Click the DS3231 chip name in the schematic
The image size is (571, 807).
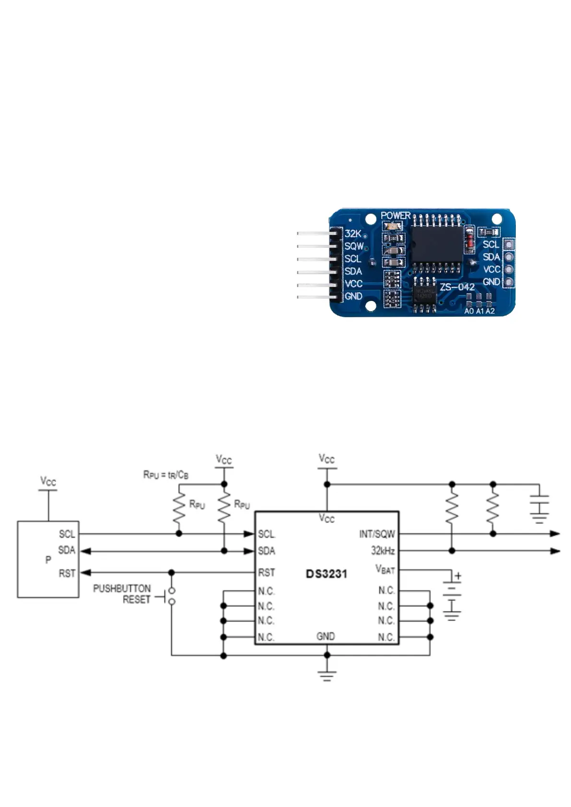(x=326, y=574)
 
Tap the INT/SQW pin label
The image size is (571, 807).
(x=377, y=534)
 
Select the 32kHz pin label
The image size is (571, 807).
(x=383, y=551)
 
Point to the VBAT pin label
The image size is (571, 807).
(x=385, y=569)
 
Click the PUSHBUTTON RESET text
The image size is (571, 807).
(x=122, y=594)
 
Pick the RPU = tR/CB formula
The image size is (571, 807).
(x=165, y=475)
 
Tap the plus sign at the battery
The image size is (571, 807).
(x=458, y=576)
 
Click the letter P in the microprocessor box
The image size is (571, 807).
(x=48, y=560)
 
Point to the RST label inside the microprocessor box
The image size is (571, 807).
(x=67, y=573)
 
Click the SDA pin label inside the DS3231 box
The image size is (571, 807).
(x=267, y=551)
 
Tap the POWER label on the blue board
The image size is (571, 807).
(x=396, y=216)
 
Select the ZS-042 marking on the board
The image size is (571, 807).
(x=457, y=287)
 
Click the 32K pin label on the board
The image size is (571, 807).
(x=352, y=234)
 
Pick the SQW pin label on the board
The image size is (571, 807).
(x=354, y=246)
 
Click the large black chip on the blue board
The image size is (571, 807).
(x=436, y=243)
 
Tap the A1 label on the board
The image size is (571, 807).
(x=479, y=311)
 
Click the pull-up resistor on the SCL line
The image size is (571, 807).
(x=179, y=509)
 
